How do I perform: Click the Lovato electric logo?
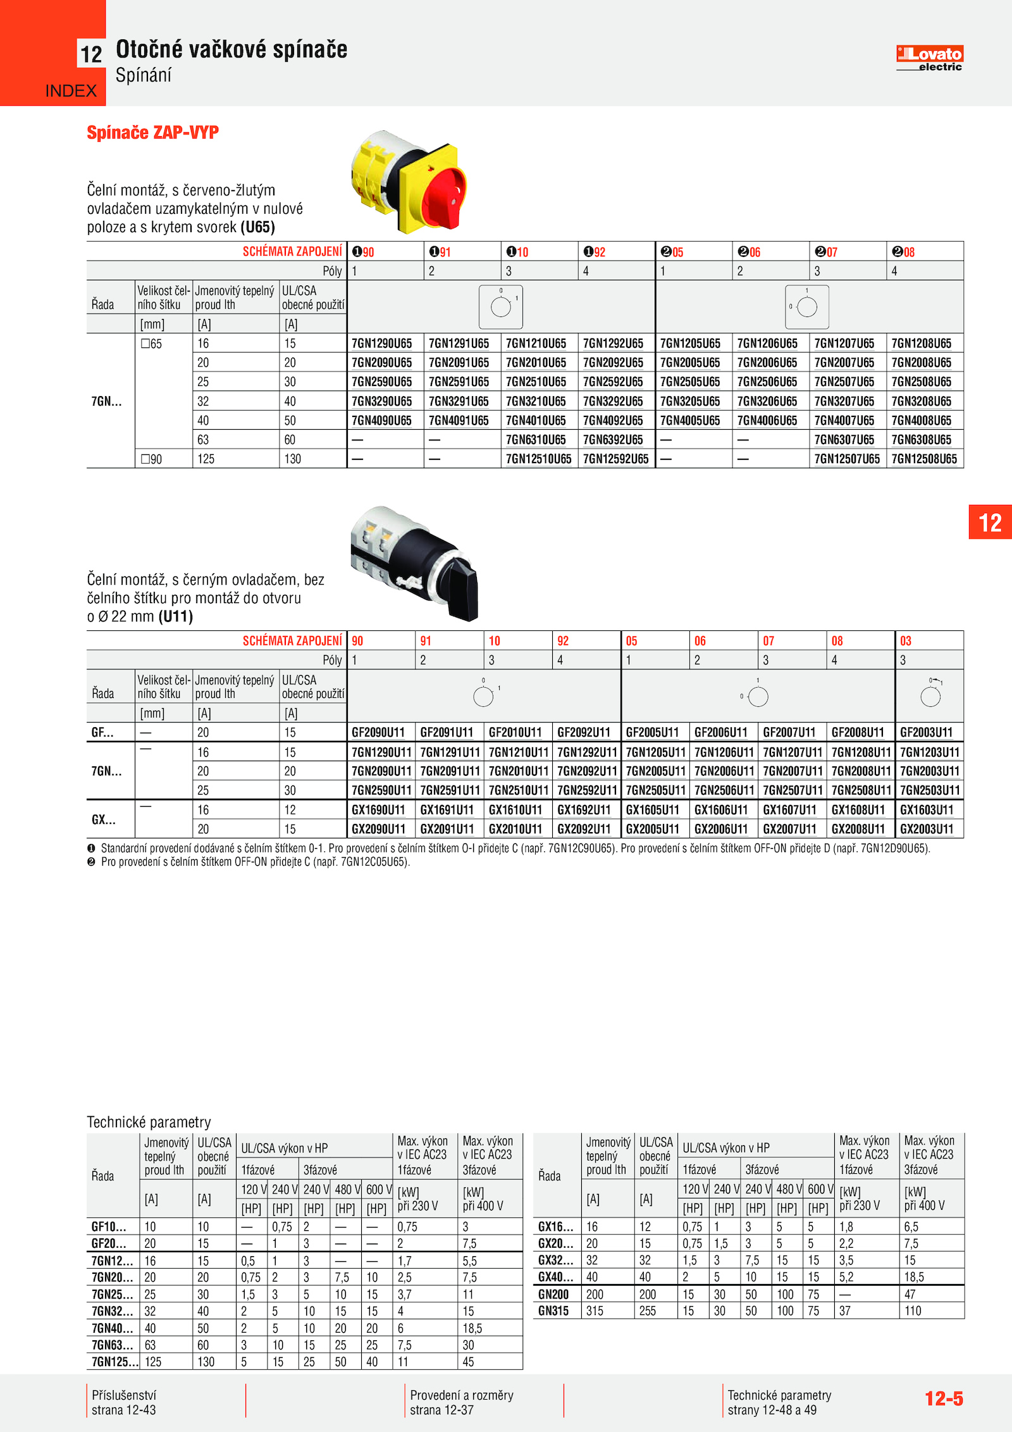929,58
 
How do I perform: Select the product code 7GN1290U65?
381,344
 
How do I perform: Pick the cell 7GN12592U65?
615,459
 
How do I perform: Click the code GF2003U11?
926,733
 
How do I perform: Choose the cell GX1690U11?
378,810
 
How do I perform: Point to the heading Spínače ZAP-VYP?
152,133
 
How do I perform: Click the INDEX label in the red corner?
71,91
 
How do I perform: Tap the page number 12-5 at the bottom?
944,1398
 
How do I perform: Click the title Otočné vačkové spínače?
231,49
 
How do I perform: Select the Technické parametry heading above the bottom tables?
149,1122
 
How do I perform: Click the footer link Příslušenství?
124,1395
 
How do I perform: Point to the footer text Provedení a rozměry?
462,1395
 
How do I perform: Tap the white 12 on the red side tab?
990,523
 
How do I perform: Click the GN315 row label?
553,1311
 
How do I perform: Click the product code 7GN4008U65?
921,421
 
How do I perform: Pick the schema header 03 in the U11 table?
906,641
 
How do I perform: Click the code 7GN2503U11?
929,790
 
